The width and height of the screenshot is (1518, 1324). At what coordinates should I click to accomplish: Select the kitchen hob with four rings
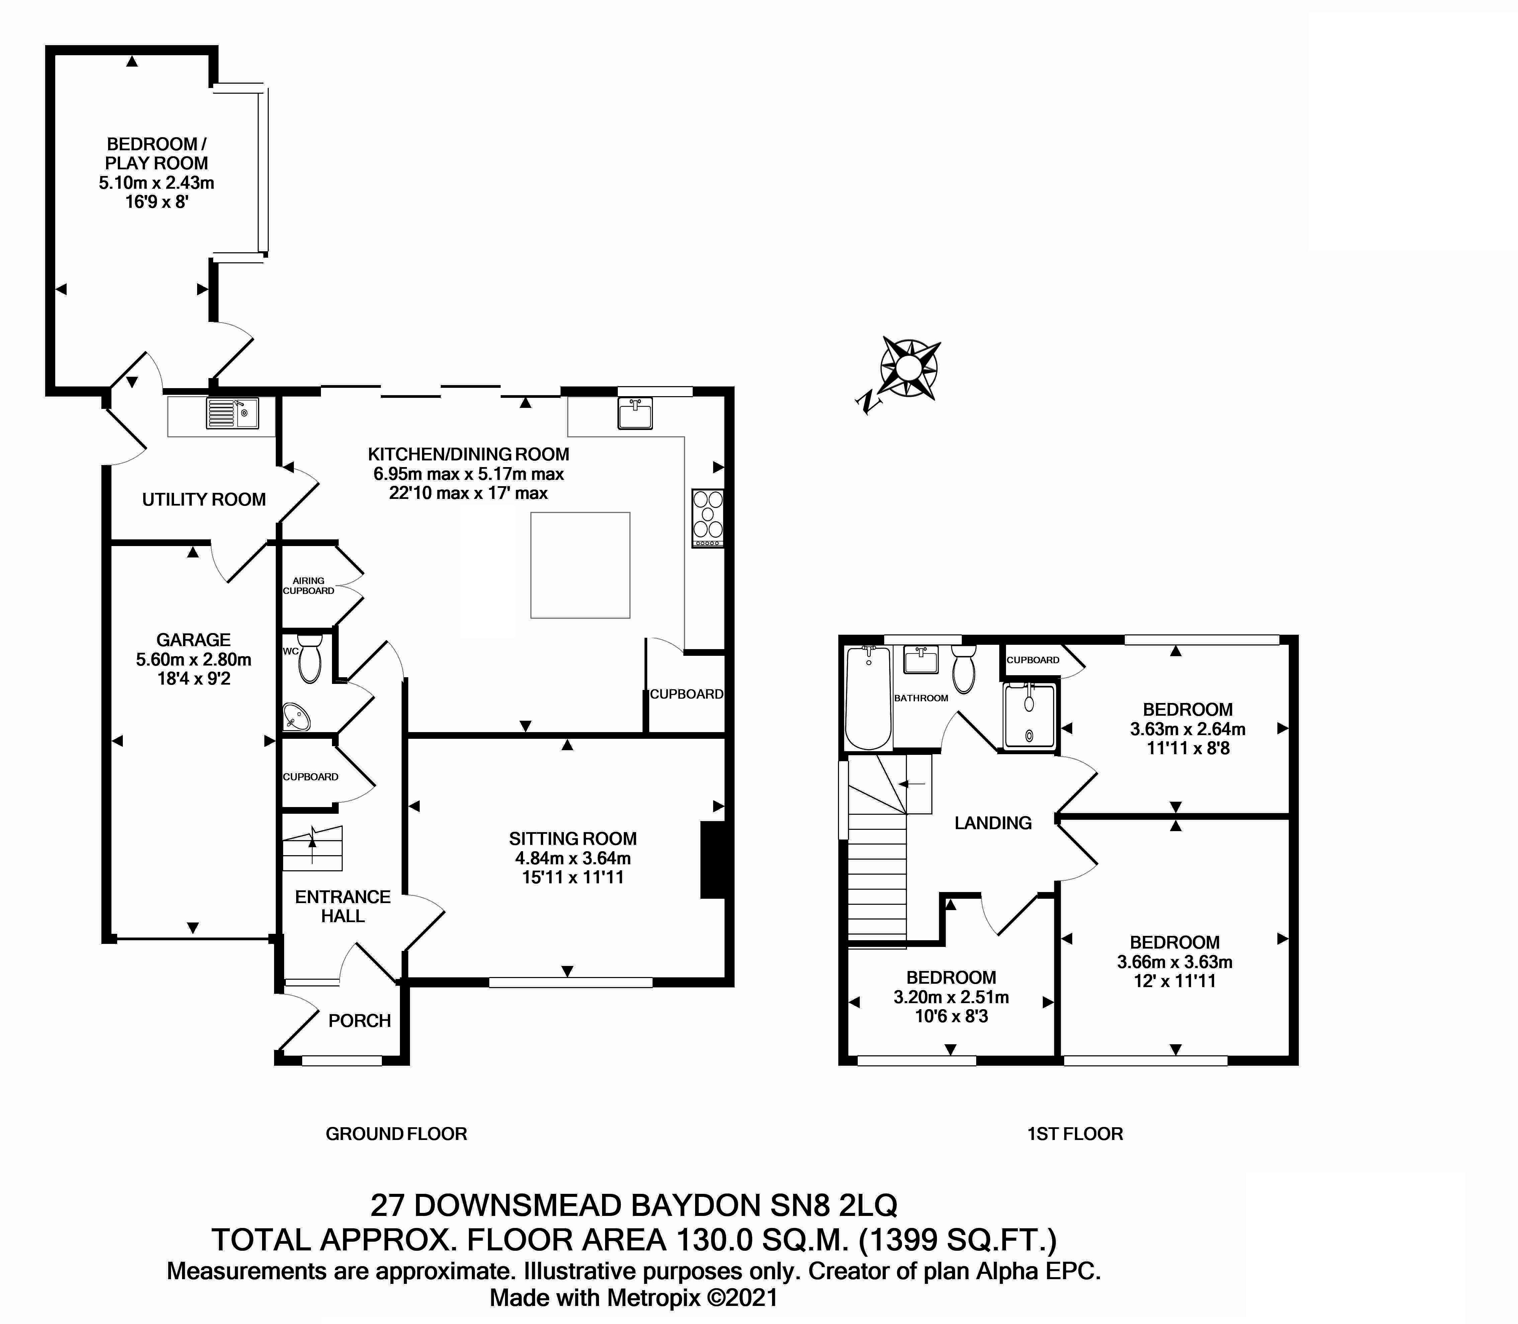(x=707, y=518)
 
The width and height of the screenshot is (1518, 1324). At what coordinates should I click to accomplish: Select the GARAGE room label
(x=194, y=640)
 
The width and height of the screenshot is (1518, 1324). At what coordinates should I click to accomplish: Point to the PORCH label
(x=359, y=1021)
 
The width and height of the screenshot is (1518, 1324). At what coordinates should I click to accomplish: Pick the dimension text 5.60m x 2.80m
(x=194, y=659)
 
